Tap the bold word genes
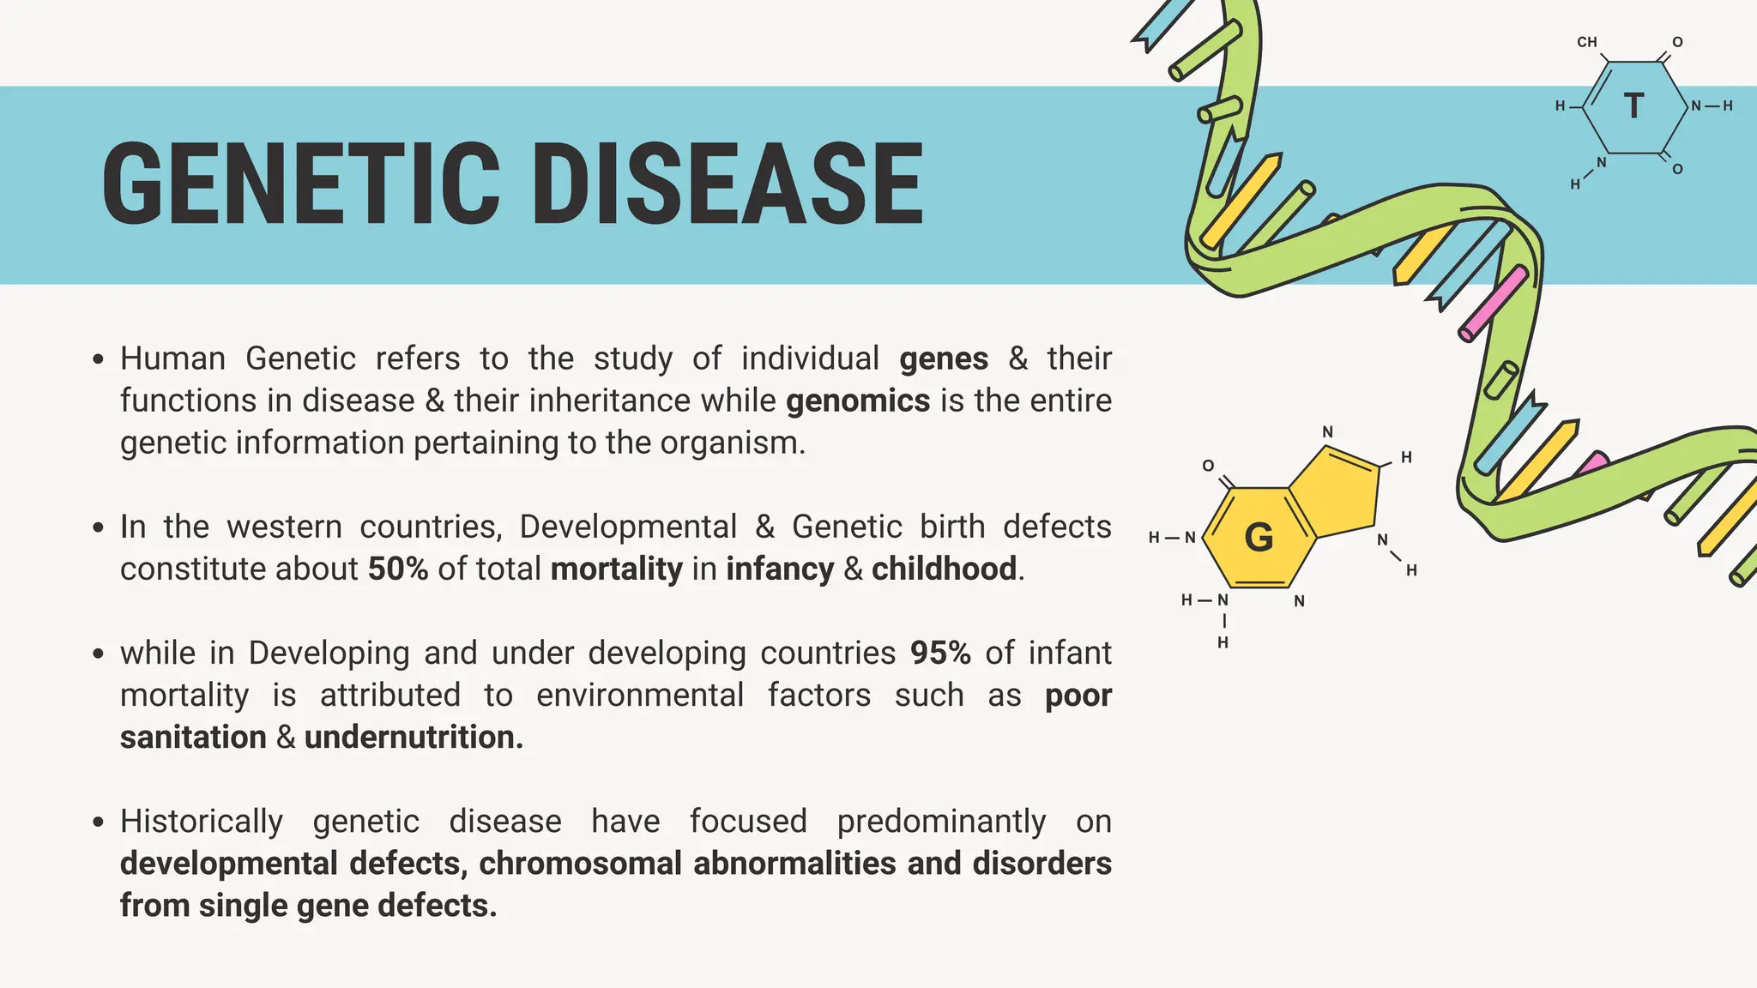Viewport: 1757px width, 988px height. pos(944,358)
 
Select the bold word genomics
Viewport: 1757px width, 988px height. pos(857,401)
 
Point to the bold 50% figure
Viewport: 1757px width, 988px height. pos(398,569)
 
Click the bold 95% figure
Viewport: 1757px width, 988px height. pos(940,653)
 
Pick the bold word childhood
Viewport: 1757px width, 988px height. pos(944,569)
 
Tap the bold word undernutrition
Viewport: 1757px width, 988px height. pos(413,737)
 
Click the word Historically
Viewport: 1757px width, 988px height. pos(202,821)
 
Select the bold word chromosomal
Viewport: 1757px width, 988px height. pos(580,863)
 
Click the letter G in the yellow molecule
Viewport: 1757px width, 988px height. pos(1259,538)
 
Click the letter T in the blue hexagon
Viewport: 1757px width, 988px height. pos(1634,106)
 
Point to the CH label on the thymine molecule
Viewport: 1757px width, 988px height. pos(1587,42)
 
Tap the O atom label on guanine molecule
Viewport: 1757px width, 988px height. pos(1208,466)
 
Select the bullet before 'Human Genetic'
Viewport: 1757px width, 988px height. pos(99,358)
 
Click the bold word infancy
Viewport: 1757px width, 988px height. pos(780,569)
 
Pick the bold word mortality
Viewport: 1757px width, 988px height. pos(616,569)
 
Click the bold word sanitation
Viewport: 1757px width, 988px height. pos(193,737)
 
